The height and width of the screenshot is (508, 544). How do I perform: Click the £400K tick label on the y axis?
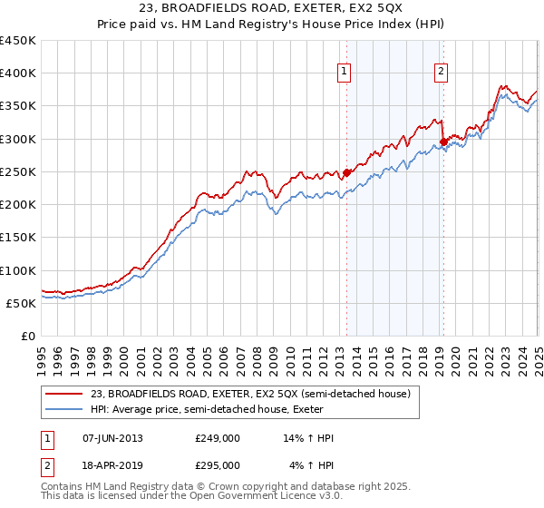click(x=18, y=73)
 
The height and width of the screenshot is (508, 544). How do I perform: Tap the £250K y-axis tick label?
click(x=18, y=171)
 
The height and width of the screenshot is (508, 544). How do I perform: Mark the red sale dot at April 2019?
click(x=443, y=142)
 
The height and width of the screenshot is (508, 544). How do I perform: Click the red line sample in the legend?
click(x=64, y=394)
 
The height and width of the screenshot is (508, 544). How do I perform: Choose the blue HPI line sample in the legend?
click(x=64, y=409)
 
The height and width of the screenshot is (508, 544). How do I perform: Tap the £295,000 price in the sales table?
click(x=218, y=464)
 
